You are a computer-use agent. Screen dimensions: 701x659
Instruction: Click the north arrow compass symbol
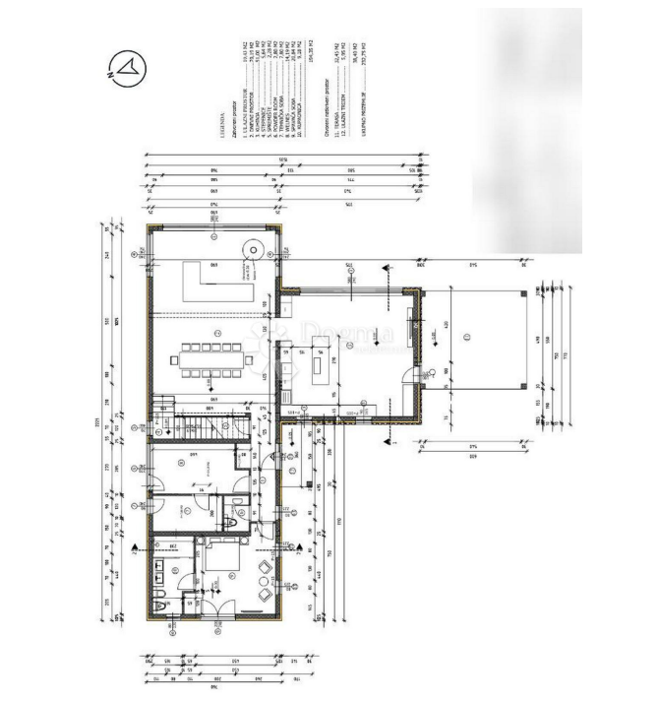click(x=128, y=68)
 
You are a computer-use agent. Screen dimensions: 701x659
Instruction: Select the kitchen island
click(x=321, y=370)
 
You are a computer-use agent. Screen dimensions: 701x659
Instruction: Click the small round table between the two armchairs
click(x=265, y=581)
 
